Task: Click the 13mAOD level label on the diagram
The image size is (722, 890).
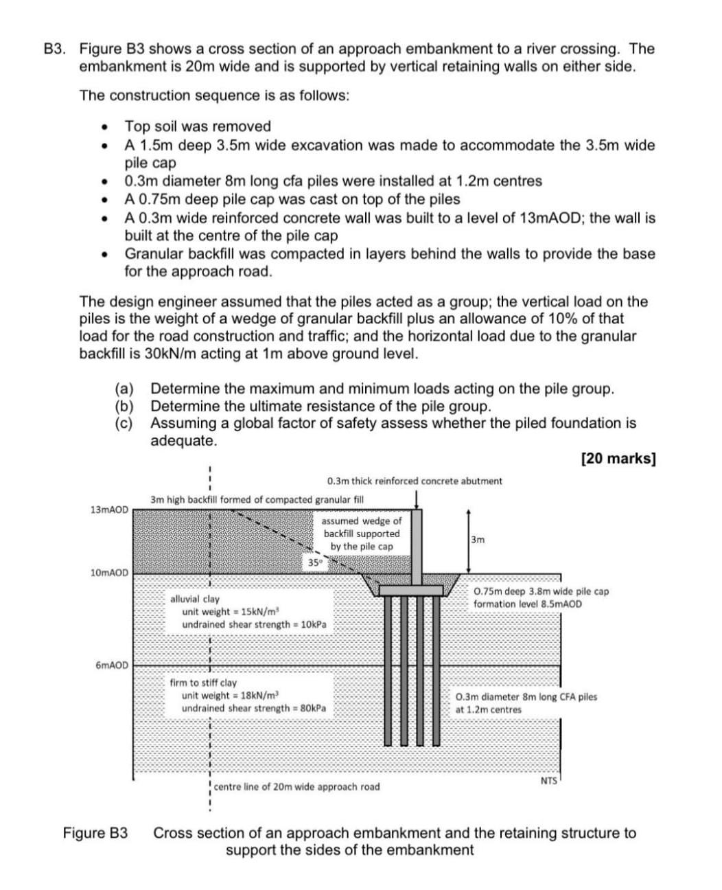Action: click(x=108, y=510)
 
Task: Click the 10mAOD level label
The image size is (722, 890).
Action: click(x=108, y=573)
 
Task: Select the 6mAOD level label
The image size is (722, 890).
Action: click(x=111, y=665)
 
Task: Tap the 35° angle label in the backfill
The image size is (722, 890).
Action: click(x=314, y=563)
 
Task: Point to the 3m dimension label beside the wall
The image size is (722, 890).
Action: click(x=478, y=540)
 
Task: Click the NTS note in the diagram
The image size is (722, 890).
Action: click(x=548, y=781)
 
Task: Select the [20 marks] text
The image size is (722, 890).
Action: click(x=618, y=459)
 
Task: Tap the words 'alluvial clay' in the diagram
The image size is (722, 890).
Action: click(x=195, y=600)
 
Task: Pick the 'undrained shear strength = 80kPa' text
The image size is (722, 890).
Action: click(x=254, y=708)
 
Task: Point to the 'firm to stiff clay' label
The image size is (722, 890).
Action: click(x=203, y=683)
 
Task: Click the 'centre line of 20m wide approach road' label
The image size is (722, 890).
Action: click(x=296, y=786)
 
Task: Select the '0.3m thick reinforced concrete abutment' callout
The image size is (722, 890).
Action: click(x=415, y=481)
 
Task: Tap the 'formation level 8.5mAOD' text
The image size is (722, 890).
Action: click(x=527, y=604)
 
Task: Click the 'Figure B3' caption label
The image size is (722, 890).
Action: click(x=95, y=833)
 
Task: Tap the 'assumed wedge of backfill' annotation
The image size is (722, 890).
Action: click(x=362, y=534)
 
